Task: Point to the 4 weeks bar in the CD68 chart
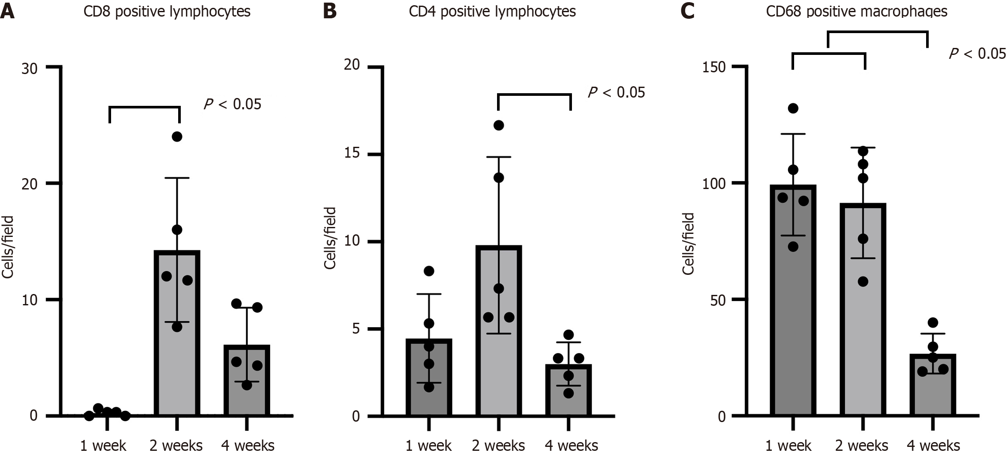pos(933,392)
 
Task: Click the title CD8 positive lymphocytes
pos(167,11)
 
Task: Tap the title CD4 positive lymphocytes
pos(492,11)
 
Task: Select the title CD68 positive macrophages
pos(857,11)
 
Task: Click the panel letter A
pos(7,11)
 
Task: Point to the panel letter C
pos(687,11)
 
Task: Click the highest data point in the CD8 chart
pos(177,137)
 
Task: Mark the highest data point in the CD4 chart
pos(499,125)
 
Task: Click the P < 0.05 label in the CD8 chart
pos(233,105)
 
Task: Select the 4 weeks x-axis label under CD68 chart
pos(933,446)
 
